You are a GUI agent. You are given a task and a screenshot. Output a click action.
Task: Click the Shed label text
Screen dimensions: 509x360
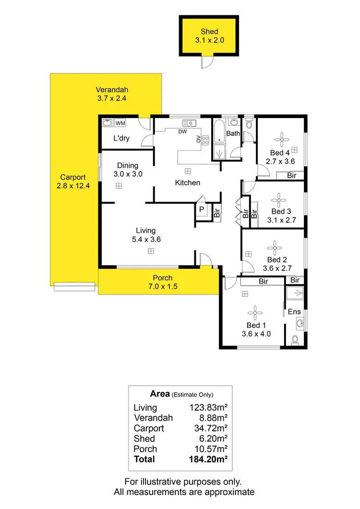pyautogui.click(x=209, y=32)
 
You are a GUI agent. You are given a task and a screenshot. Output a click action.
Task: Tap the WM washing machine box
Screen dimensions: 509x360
pyautogui.click(x=120, y=123)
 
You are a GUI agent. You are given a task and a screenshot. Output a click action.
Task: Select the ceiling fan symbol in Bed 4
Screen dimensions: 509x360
pyautogui.click(x=280, y=140)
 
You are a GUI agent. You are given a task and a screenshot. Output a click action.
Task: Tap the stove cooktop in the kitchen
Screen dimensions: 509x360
pyautogui.click(x=205, y=141)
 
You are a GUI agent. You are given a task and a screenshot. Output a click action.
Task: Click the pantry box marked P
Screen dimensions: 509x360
pyautogui.click(x=201, y=210)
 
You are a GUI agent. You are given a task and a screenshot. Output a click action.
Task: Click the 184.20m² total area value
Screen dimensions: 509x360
pyautogui.click(x=208, y=459)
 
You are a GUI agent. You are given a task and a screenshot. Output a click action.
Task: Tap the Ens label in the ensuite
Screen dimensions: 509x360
pyautogui.click(x=294, y=312)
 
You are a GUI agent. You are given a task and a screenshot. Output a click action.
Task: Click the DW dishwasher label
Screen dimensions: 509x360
pyautogui.click(x=182, y=131)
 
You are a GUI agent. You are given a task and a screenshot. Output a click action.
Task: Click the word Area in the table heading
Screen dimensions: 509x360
pyautogui.click(x=160, y=394)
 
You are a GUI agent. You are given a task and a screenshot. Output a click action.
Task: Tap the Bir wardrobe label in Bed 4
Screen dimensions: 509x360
pyautogui.click(x=292, y=176)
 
